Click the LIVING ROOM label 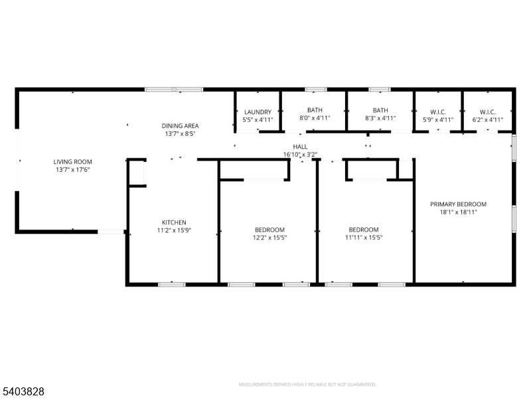click(72, 162)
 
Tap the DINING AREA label click(180, 126)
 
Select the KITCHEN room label click(174, 222)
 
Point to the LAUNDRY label click(258, 112)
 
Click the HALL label click(300, 147)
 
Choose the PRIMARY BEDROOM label click(458, 204)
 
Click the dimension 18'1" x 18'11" click(458, 212)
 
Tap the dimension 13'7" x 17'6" click(72, 170)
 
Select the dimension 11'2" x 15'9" click(174, 230)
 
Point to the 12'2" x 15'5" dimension click(270, 237)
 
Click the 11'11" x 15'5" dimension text click(364, 237)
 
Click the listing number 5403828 click(23, 391)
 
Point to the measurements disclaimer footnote click(307, 385)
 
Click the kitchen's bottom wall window click(172, 285)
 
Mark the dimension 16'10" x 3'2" click(300, 155)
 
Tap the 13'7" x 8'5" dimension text click(180, 134)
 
